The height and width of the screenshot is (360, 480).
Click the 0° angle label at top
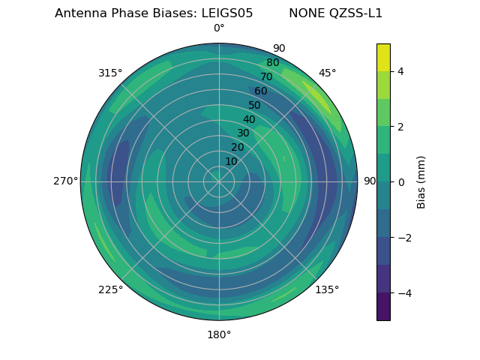click(219, 28)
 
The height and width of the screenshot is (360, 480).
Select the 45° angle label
click(328, 73)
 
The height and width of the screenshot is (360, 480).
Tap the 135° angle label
click(327, 289)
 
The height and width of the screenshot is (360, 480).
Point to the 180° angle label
click(219, 334)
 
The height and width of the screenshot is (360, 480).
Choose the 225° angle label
click(110, 289)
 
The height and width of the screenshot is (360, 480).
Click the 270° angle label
click(65, 181)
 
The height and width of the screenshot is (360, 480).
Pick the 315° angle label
click(110, 73)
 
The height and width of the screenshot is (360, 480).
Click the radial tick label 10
click(231, 161)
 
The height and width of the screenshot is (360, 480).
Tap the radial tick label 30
click(243, 133)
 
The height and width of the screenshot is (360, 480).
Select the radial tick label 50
click(254, 106)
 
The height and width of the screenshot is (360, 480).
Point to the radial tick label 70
click(266, 77)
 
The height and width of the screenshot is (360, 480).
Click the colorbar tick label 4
click(400, 71)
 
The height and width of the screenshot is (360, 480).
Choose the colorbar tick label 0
click(400, 181)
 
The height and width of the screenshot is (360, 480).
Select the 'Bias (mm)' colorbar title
click(421, 181)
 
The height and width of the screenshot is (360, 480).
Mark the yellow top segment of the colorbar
click(383, 57)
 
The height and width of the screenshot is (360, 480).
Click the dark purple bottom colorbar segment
click(383, 307)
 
